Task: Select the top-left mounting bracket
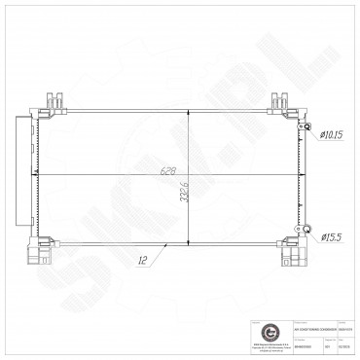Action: tap(53, 100)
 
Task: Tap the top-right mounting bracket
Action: tap(281, 100)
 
